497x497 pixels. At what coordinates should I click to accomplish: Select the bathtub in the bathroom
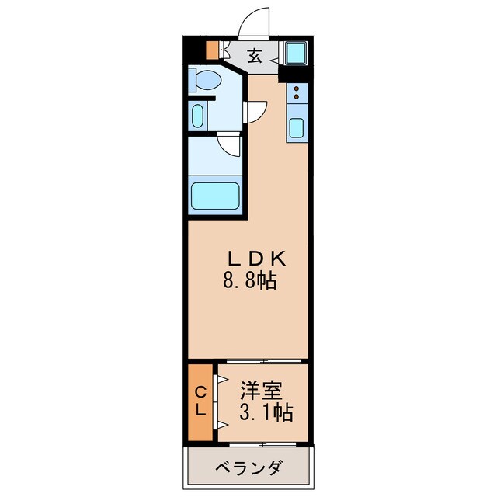(216, 195)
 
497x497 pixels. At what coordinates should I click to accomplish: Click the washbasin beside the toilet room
(196, 117)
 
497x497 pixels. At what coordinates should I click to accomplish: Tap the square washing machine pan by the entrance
(295, 54)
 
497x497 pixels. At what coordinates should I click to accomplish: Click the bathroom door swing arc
(230, 145)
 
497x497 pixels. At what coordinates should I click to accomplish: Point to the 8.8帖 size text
(248, 280)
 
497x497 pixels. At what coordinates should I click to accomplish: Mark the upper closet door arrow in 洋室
(221, 381)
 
